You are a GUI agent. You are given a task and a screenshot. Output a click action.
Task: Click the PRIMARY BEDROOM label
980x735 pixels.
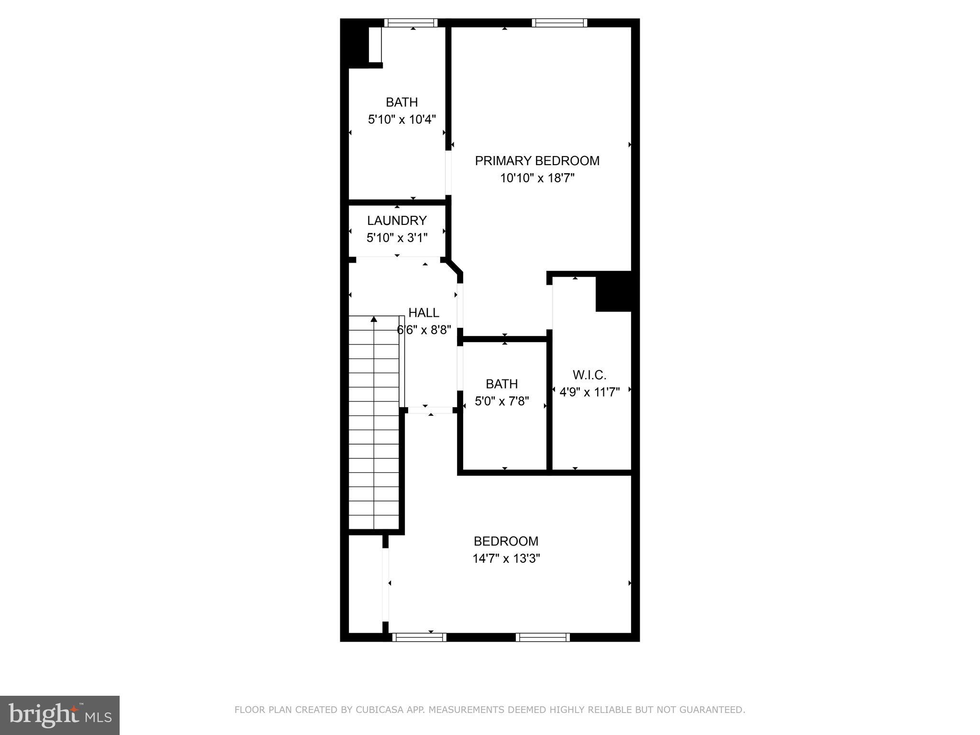coord(537,161)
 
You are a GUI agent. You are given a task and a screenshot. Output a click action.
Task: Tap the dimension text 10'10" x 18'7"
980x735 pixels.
coord(537,178)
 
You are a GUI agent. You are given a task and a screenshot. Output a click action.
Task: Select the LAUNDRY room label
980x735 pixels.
coord(397,221)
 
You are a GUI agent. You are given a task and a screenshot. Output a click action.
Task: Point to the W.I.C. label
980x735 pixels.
coord(589,375)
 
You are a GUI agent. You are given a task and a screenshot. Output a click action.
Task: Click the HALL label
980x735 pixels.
coord(423,313)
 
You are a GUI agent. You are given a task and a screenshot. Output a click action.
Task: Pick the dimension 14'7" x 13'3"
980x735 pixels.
coord(506,558)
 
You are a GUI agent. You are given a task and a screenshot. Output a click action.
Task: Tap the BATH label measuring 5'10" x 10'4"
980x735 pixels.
coord(401,102)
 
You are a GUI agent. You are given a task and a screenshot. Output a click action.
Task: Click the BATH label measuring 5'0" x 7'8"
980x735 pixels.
coord(501,384)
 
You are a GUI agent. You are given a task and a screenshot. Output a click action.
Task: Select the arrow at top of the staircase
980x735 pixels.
coord(374,319)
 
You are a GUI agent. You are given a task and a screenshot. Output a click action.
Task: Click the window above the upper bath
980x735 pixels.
coord(411,22)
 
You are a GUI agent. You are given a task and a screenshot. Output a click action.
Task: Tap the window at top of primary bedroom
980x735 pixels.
coord(559,22)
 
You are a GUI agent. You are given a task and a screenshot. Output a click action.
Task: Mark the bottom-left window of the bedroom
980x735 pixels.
coord(419,637)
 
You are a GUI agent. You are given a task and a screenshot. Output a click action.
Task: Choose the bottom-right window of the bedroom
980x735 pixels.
coord(543,637)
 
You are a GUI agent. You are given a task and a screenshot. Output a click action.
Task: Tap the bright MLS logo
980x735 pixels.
coord(59,715)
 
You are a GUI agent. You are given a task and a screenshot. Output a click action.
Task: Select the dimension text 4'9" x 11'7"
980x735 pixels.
coord(590,392)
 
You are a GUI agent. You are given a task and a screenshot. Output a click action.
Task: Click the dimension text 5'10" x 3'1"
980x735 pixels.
coord(397,238)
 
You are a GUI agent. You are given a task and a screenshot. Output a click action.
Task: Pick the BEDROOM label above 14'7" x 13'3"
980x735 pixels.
coord(506,541)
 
